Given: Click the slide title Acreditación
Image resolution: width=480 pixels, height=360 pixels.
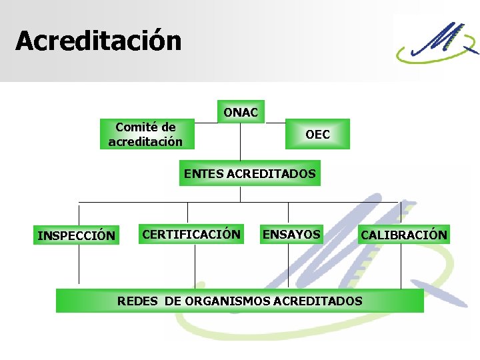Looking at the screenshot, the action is pyautogui.click(x=99, y=41).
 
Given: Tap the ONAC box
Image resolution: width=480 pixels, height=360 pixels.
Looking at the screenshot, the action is pyautogui.click(x=241, y=113).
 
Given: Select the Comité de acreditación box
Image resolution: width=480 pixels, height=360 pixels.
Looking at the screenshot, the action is pyautogui.click(x=145, y=135).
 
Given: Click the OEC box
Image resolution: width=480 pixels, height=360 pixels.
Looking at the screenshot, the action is pyautogui.click(x=317, y=135).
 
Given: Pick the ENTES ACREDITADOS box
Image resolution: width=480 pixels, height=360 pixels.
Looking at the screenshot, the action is pyautogui.click(x=249, y=173).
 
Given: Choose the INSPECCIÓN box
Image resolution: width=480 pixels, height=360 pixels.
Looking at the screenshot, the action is pyautogui.click(x=77, y=235).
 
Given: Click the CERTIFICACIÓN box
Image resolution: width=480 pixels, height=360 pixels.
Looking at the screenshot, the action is pyautogui.click(x=191, y=234).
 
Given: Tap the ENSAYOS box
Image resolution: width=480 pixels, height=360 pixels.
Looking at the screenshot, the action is pyautogui.click(x=291, y=234).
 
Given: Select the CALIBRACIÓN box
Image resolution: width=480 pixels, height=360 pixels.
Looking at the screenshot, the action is pyautogui.click(x=404, y=235).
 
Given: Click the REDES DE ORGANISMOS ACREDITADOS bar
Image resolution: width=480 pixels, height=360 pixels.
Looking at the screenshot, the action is pyautogui.click(x=240, y=301).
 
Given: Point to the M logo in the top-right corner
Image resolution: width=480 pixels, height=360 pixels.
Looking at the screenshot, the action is pyautogui.click(x=437, y=41).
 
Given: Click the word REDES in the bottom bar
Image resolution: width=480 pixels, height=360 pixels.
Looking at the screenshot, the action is pyautogui.click(x=137, y=301).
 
